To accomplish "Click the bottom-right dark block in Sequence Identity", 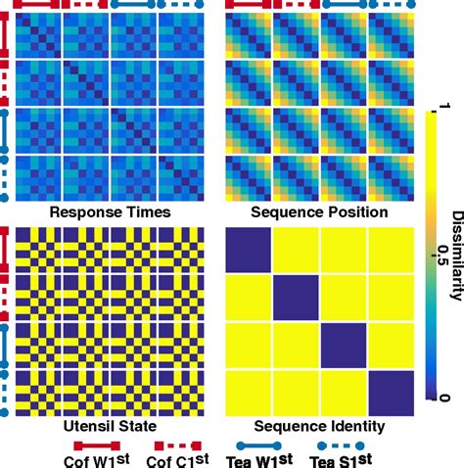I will [391, 394].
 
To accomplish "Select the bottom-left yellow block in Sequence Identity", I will [248, 394].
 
